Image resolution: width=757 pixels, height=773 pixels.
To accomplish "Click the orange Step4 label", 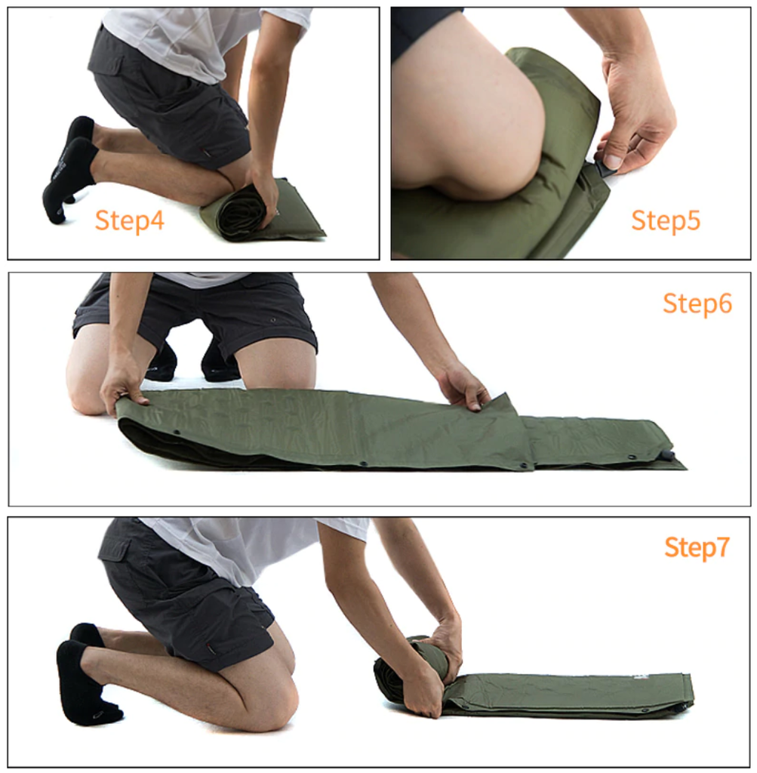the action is point(129,220).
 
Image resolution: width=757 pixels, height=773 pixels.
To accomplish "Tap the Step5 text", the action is point(666,220).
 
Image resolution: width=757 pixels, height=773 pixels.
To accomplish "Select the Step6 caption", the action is point(697,303).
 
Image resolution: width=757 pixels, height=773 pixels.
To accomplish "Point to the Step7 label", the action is point(697,547).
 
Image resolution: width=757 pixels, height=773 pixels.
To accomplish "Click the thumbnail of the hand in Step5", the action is point(613,160).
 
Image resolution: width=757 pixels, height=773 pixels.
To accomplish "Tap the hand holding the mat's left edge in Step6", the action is point(121,387).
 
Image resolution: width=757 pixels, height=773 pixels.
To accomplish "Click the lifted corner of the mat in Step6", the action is point(499,402).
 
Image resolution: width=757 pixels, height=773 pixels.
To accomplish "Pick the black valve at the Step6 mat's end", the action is point(667,454).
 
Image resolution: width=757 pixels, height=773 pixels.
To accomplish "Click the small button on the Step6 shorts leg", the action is point(272,320).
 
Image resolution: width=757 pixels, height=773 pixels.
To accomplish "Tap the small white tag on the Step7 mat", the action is point(640,678).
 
